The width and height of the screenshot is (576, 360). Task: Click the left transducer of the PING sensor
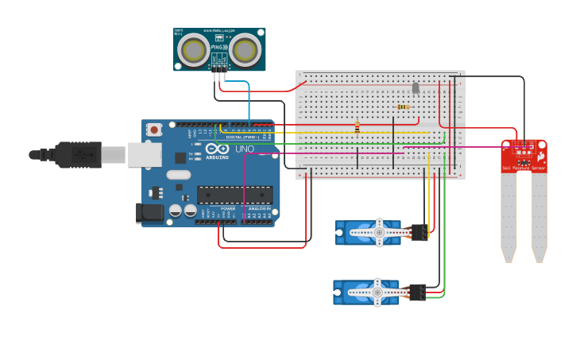tap(194, 51)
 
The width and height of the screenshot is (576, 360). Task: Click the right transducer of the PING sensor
tap(245, 51)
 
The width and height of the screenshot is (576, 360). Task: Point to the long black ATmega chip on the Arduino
tap(234, 195)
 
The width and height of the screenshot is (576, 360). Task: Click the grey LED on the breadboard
tap(416, 87)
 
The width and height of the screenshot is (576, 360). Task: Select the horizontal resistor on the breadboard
tap(404, 106)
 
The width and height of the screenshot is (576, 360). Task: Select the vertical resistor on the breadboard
tap(357, 126)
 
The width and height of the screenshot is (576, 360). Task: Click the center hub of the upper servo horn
tap(379, 232)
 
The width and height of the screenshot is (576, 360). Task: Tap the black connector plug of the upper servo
tap(419, 232)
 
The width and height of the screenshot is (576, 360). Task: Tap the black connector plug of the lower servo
tap(417, 292)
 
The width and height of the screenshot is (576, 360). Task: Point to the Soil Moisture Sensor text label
tap(523, 168)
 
